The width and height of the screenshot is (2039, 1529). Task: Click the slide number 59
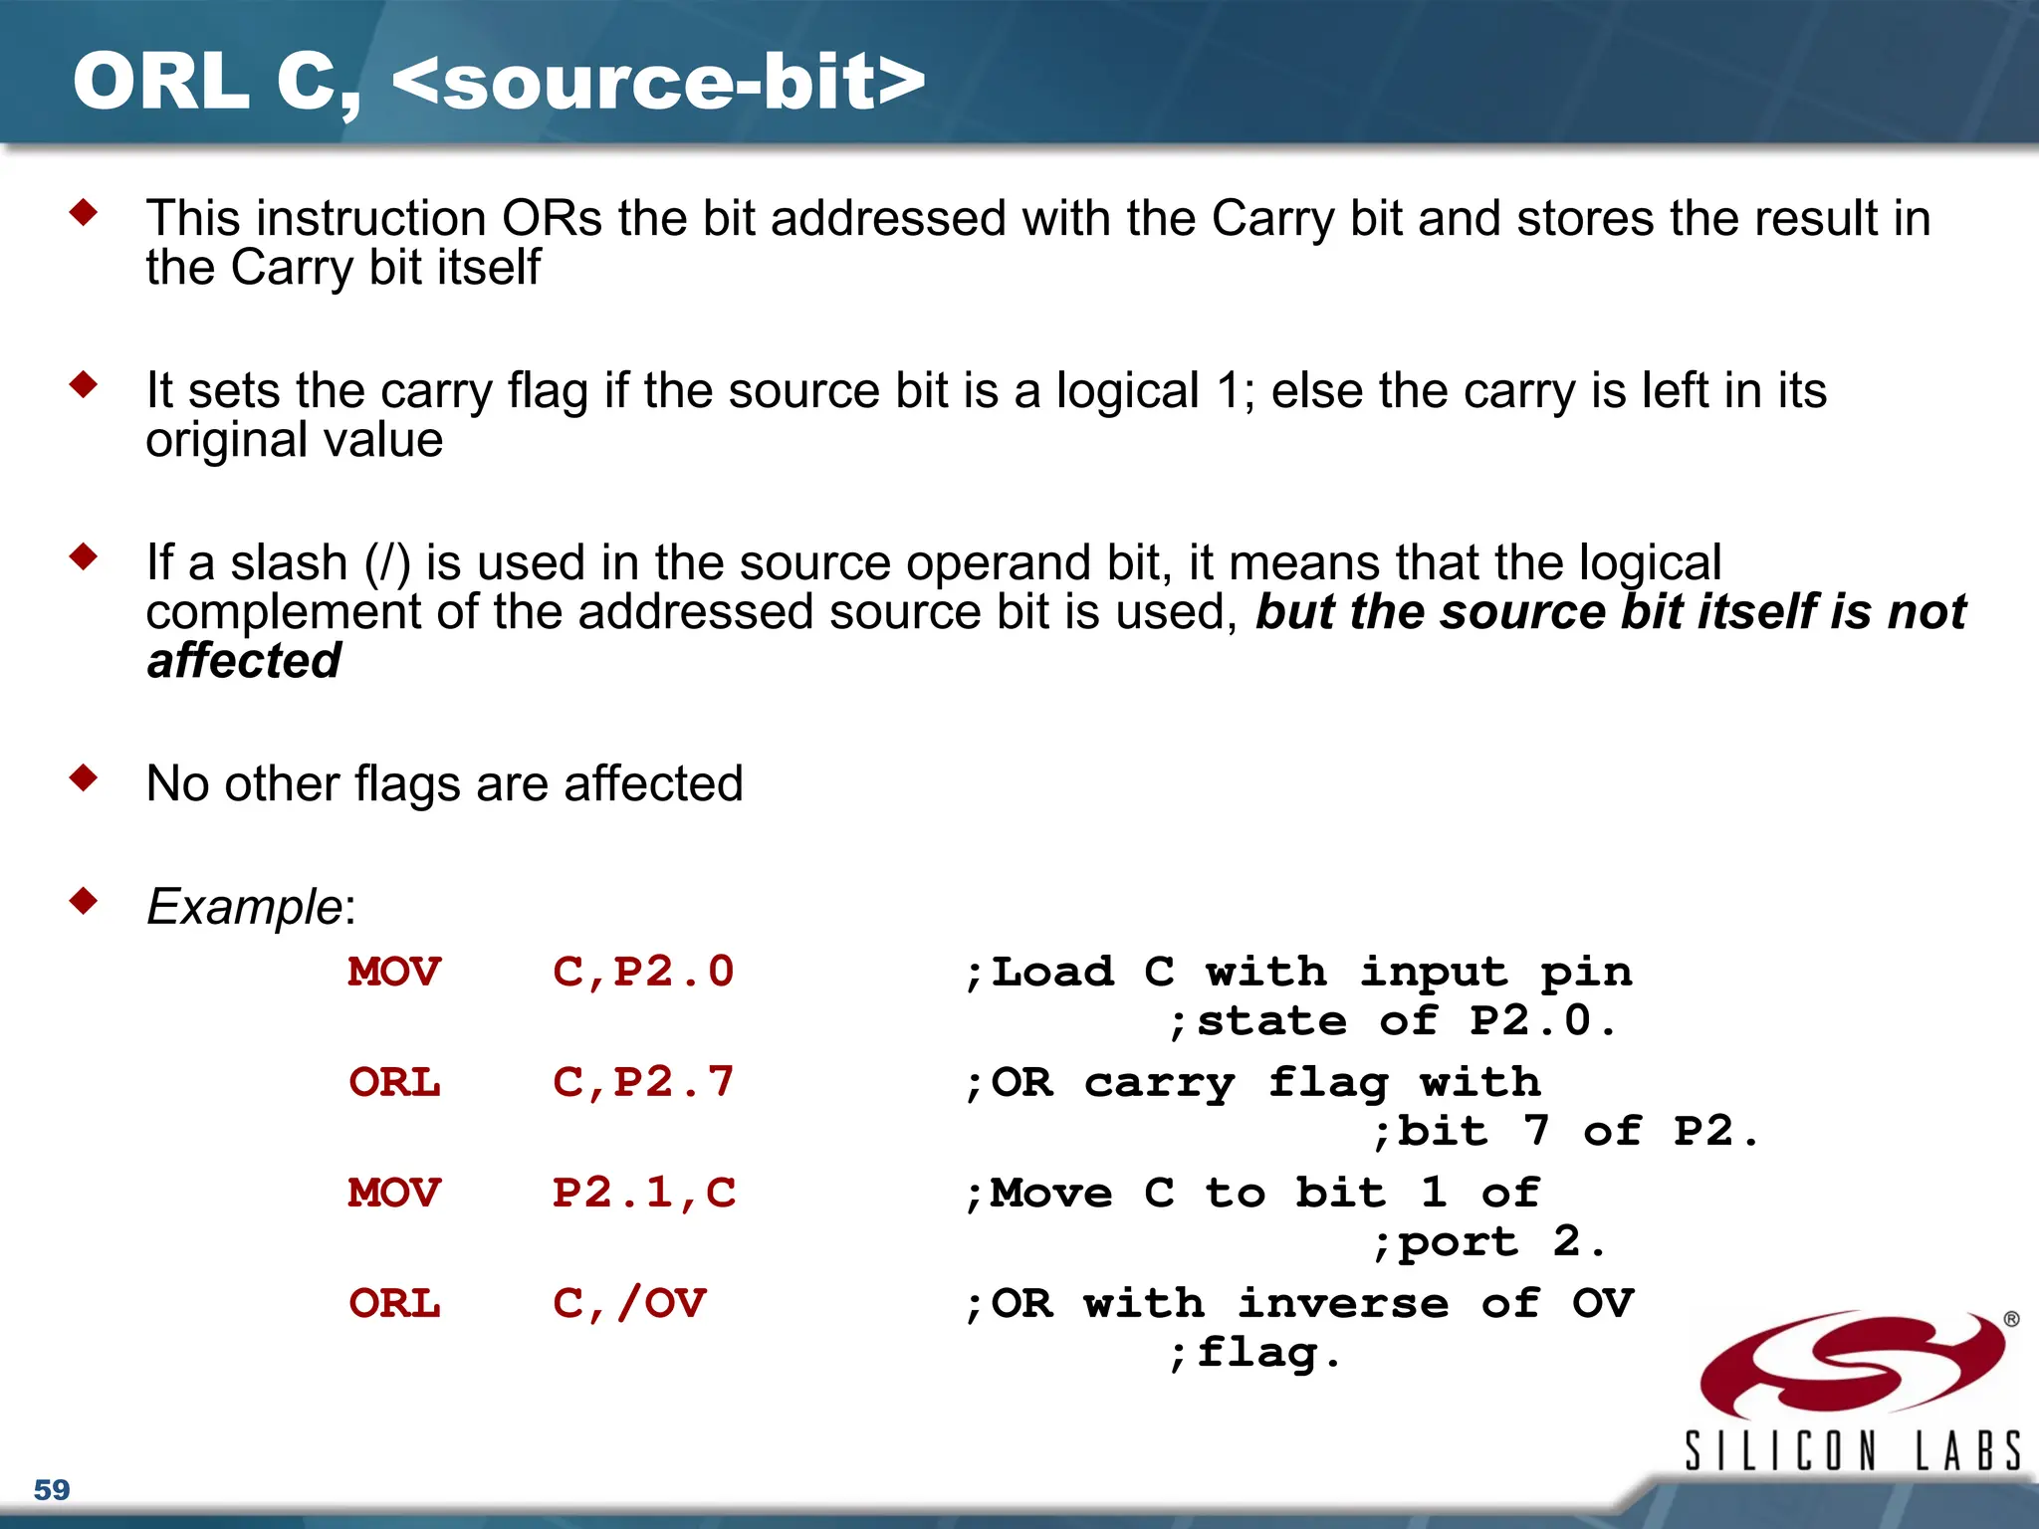(x=52, y=1490)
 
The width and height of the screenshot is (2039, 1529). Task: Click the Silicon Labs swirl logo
(x=1852, y=1365)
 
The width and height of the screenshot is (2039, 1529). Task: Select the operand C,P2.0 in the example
(x=643, y=973)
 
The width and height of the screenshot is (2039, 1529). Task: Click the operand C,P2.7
(x=643, y=1083)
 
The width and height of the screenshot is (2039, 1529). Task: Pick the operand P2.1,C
(x=643, y=1194)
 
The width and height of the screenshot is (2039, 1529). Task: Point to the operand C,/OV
(x=629, y=1304)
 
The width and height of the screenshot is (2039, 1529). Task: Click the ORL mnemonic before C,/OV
(x=394, y=1304)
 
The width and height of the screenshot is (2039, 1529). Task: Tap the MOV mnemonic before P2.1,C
(x=394, y=1194)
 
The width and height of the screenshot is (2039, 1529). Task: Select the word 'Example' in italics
(x=245, y=907)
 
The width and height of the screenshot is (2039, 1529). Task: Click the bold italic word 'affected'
(x=244, y=661)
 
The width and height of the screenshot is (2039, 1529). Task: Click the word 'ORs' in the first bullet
(x=553, y=218)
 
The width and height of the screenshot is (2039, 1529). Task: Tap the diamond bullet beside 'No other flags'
(x=84, y=777)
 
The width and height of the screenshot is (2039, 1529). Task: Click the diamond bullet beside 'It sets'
(x=84, y=384)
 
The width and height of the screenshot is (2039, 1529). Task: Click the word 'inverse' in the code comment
(x=1343, y=1304)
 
